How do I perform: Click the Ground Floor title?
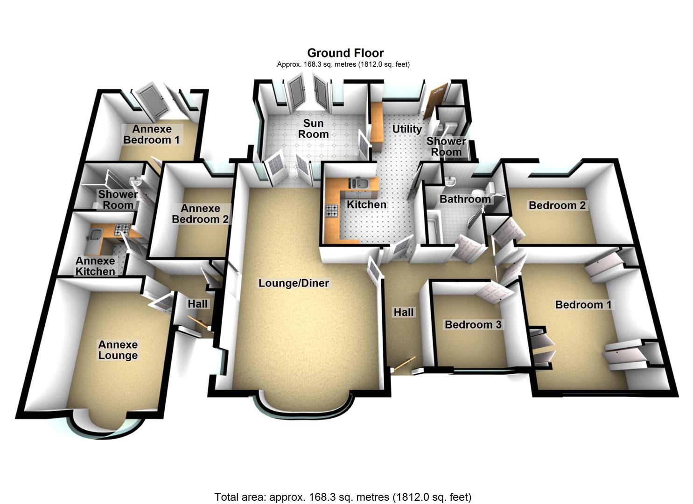point(345,53)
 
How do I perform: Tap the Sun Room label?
point(314,129)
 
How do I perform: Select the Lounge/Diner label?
point(294,283)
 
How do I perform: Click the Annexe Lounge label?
point(118,350)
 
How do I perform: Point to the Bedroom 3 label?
point(473,325)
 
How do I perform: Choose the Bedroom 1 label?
point(583,305)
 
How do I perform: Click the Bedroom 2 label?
point(557,205)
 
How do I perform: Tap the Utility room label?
point(406,129)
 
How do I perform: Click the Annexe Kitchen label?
point(95,266)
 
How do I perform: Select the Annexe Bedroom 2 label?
point(200,214)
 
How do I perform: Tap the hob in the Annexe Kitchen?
point(122,229)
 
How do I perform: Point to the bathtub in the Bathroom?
point(434,229)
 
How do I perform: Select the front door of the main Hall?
point(403,364)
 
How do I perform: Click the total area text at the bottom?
point(343,497)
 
